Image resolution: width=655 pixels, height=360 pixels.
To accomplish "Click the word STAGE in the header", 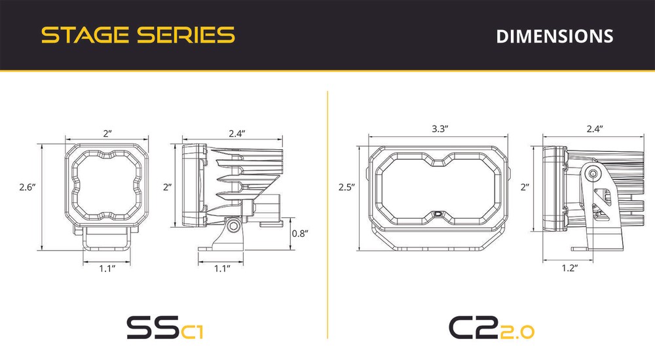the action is click(x=85, y=35).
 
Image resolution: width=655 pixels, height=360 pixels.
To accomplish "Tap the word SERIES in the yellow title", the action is click(x=186, y=35).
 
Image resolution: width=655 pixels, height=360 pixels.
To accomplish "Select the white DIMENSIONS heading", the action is click(x=555, y=37).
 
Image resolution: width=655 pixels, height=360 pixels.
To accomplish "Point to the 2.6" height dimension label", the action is click(x=28, y=187).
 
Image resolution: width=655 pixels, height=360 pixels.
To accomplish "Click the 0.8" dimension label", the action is click(x=300, y=233).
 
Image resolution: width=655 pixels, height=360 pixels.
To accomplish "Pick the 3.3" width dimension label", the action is click(x=440, y=129).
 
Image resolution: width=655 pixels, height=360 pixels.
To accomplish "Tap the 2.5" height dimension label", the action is click(x=346, y=187).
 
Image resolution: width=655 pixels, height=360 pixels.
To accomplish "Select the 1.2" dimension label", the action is click(x=570, y=268).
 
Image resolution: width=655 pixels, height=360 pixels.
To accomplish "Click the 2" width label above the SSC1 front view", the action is click(x=108, y=134).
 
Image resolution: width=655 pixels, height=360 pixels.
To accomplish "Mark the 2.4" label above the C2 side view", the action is click(x=595, y=129).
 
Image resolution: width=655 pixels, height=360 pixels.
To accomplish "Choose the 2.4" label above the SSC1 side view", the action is click(x=237, y=134).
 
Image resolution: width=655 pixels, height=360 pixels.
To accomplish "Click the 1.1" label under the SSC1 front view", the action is click(x=107, y=268).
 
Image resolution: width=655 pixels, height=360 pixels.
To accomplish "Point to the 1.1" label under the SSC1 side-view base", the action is click(x=222, y=268).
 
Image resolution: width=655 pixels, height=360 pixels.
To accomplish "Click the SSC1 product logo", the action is click(x=165, y=327).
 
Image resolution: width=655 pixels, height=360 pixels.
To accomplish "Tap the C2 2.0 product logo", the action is click(x=492, y=327).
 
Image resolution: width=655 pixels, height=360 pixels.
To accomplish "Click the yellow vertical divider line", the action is click(x=327, y=215).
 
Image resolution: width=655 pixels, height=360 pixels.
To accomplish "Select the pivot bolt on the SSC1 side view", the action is click(x=233, y=226).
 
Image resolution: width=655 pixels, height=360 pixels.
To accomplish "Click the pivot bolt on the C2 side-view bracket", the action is click(x=592, y=173).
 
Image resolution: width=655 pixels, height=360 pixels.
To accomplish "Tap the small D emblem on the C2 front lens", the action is click(x=439, y=213).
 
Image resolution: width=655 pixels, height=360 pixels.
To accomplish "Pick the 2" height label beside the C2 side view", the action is click(x=525, y=187).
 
